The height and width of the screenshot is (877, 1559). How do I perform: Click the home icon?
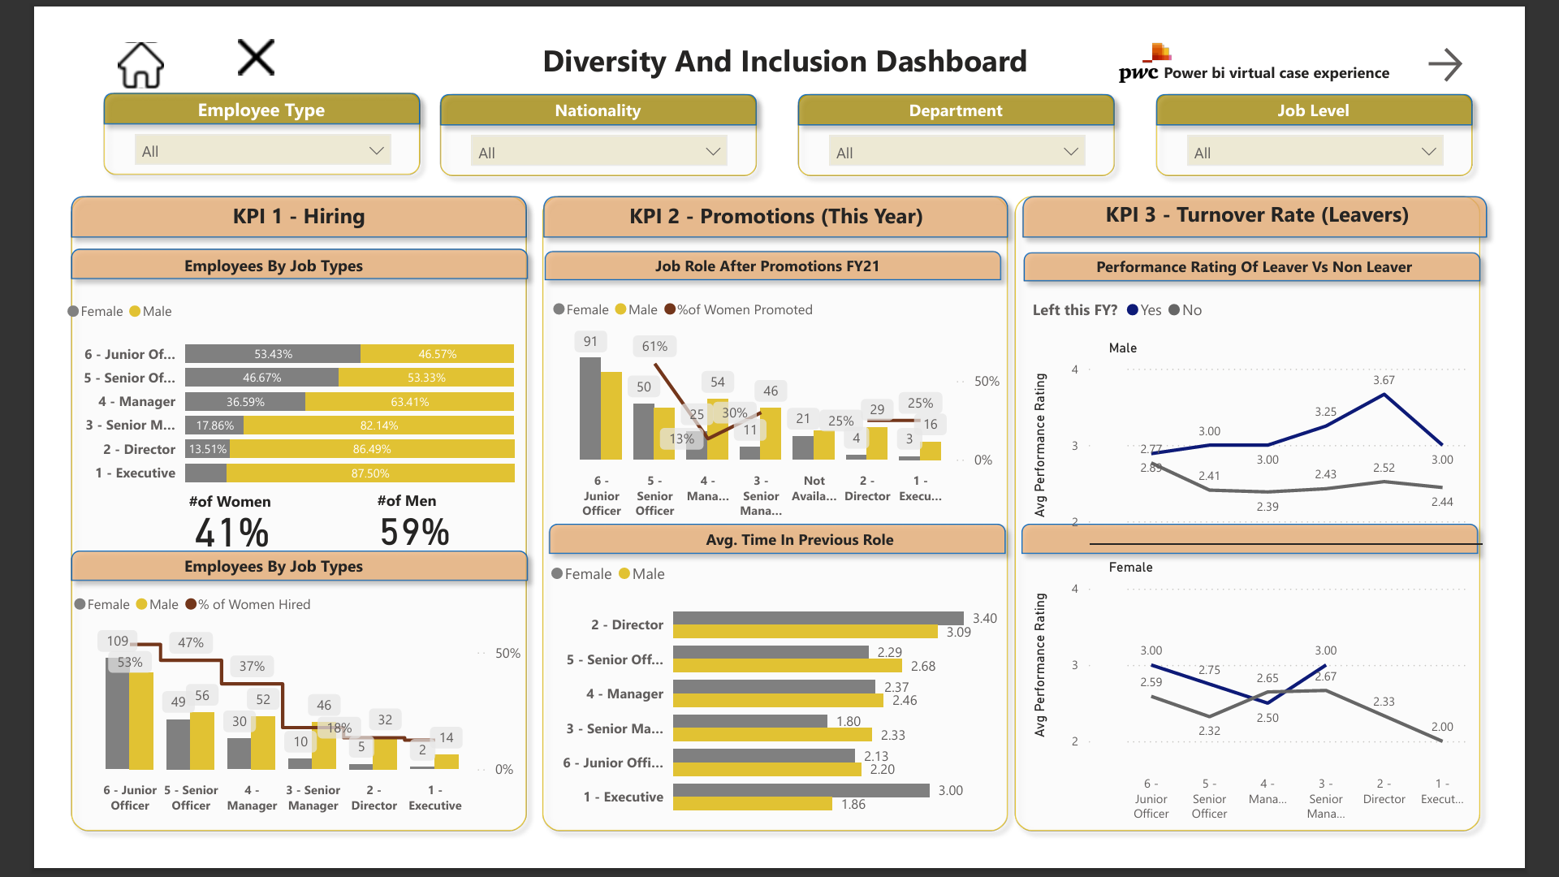tap(140, 65)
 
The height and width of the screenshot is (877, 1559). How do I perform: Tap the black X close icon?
tap(256, 58)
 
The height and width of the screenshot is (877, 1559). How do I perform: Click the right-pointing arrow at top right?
tap(1445, 64)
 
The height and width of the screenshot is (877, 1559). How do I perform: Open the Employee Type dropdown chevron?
tap(376, 151)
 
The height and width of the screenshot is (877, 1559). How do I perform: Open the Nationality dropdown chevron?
tap(713, 152)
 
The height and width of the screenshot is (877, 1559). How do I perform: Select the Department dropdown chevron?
tap(1070, 152)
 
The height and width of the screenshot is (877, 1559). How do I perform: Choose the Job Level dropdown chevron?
tap(1428, 152)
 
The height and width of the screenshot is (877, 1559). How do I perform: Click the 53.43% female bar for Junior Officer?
tap(273, 354)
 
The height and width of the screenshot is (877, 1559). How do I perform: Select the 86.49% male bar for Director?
tap(372, 449)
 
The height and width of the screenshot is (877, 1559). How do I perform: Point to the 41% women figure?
tap(231, 533)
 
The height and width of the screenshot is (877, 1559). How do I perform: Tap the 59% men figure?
tap(414, 533)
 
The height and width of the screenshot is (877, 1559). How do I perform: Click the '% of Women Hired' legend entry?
tap(248, 604)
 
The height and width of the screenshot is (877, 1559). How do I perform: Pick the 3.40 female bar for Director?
tap(818, 618)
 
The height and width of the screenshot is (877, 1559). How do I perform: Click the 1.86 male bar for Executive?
tap(752, 804)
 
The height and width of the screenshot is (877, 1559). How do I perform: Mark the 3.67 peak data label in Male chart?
tap(1384, 380)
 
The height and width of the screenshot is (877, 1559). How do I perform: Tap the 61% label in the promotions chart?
tap(654, 346)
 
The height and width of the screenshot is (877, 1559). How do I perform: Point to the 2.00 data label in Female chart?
tap(1442, 727)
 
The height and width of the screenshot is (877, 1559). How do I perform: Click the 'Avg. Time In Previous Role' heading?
tap(799, 540)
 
